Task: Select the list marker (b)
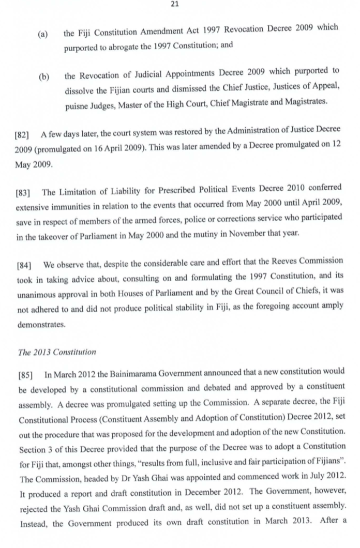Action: (x=44, y=77)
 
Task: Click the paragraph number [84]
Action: (x=22, y=265)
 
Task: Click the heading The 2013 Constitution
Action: (x=57, y=352)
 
